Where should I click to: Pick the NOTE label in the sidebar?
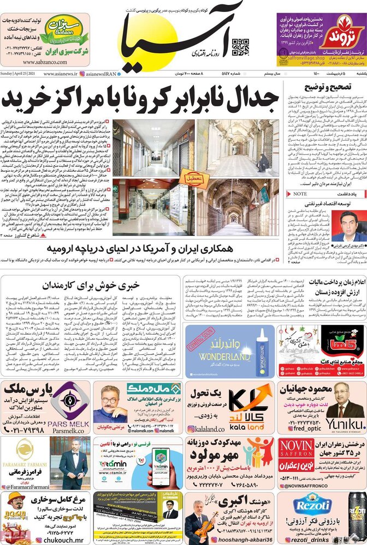(x=300, y=193)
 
